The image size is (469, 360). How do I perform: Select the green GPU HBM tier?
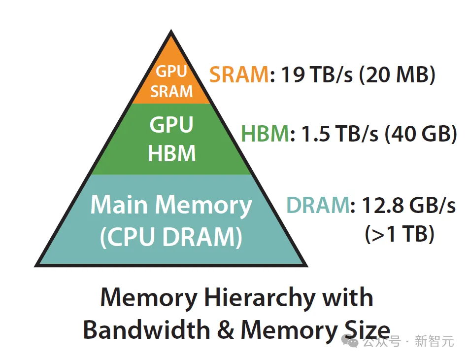(171, 139)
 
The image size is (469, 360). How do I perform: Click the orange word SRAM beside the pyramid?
(239, 75)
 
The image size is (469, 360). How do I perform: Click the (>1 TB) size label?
(400, 234)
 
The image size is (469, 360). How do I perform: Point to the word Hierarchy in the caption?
(260, 297)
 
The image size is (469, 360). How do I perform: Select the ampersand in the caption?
(226, 329)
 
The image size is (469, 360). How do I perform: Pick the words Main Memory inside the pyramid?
(171, 205)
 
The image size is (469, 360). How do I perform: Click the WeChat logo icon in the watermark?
(352, 342)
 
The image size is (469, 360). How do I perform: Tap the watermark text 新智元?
(434, 342)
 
